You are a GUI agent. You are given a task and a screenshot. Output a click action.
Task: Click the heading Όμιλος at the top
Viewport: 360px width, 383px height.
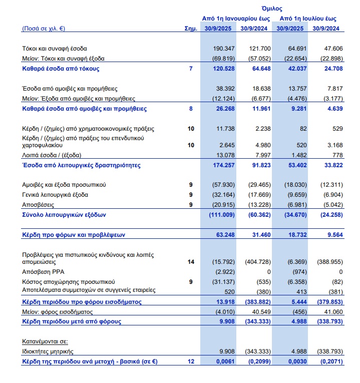point(272,9)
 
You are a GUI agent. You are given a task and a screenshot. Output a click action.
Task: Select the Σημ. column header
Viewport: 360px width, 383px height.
point(190,29)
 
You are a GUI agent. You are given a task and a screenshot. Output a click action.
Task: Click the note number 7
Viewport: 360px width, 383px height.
point(191,68)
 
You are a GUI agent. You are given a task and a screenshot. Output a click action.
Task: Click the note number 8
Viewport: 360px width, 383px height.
point(191,108)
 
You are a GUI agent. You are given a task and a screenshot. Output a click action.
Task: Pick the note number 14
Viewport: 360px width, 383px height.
point(191,262)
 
